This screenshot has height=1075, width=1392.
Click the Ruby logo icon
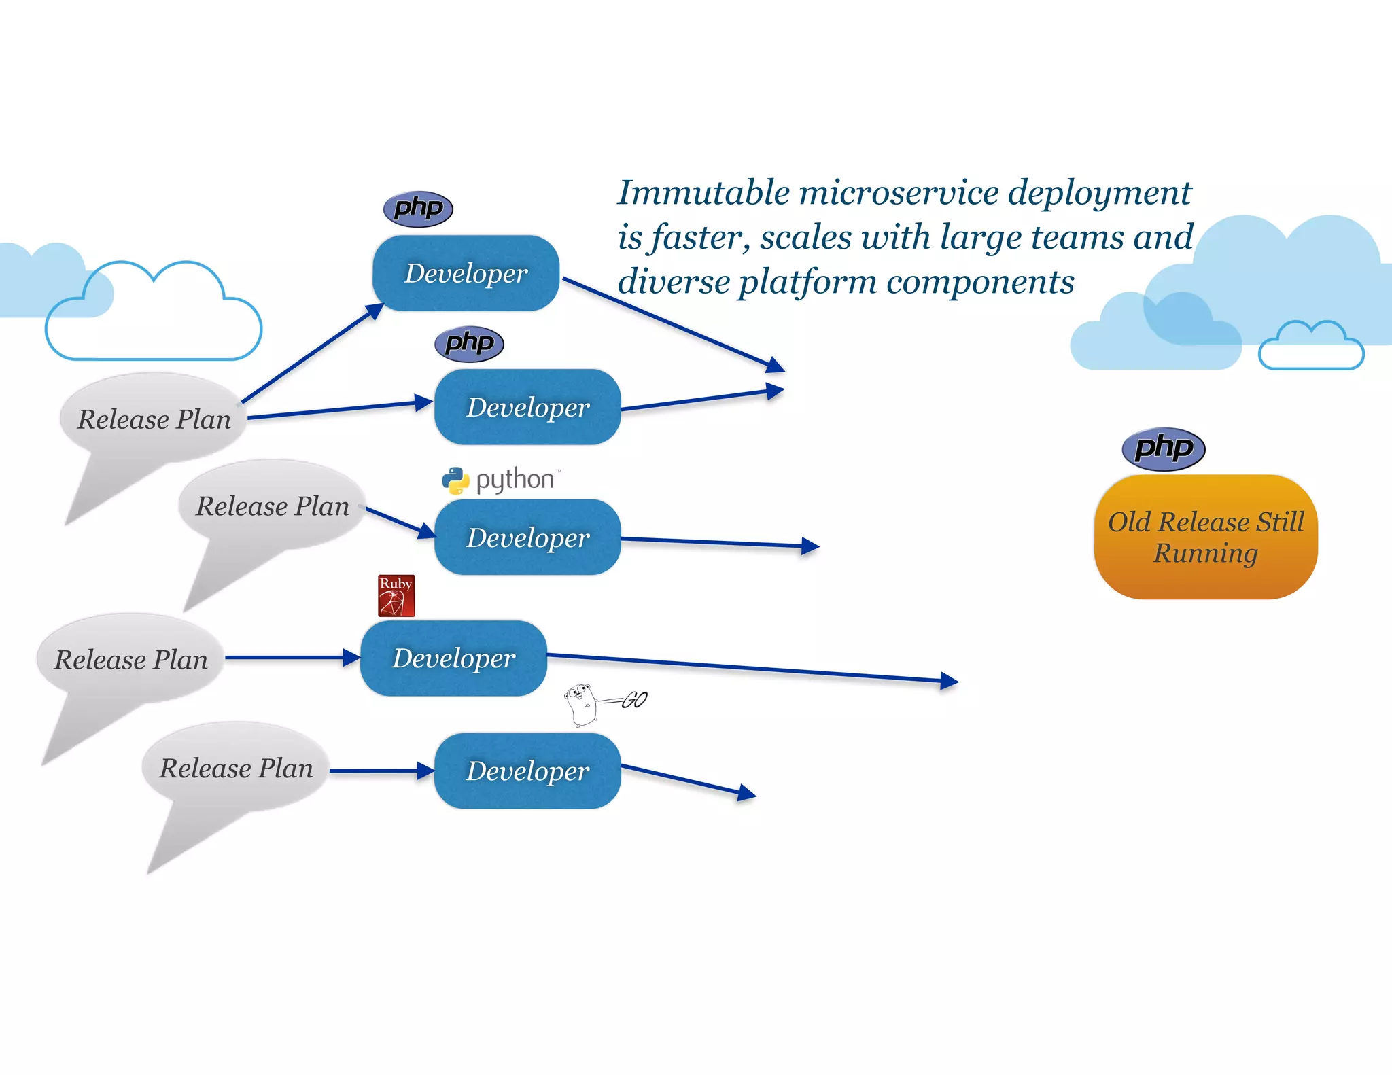click(x=396, y=596)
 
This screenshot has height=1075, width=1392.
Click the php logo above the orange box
click(x=1164, y=449)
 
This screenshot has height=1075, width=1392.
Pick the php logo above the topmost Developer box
click(x=418, y=209)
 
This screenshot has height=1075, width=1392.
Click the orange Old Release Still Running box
click(x=1206, y=537)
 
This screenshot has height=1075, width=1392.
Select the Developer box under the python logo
click(x=527, y=537)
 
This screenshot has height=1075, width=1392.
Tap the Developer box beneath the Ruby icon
click(x=453, y=658)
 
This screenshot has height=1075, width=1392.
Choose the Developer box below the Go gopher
click(x=527, y=771)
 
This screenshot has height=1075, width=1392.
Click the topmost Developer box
click(x=466, y=273)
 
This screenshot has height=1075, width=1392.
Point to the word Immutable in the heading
click(x=704, y=193)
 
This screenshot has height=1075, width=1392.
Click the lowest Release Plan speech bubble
click(x=236, y=769)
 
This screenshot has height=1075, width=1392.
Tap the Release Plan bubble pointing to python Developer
click(x=272, y=506)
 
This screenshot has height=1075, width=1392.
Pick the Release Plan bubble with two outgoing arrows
click(x=154, y=419)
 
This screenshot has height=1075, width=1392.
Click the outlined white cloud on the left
click(x=154, y=319)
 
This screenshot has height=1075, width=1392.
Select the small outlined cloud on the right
click(x=1310, y=348)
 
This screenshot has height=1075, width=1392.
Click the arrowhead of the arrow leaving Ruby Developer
click(x=950, y=681)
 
